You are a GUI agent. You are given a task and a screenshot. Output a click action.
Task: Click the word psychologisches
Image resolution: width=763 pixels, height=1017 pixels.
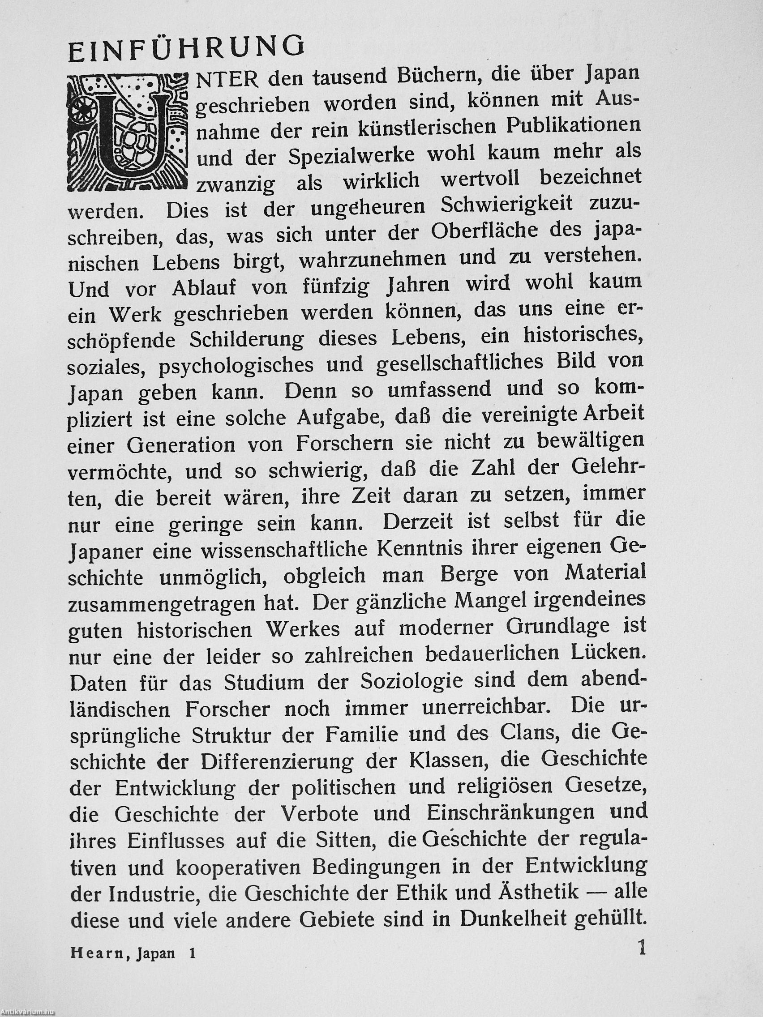coord(236,365)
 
